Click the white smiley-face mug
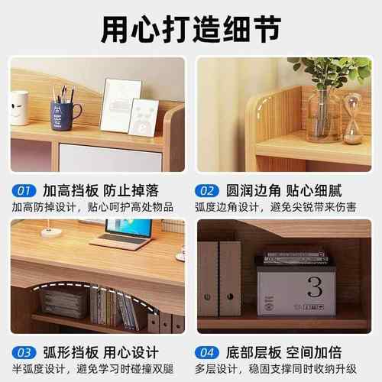pyautogui.click(x=19, y=107)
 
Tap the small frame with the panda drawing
pyautogui.click(x=144, y=118)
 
